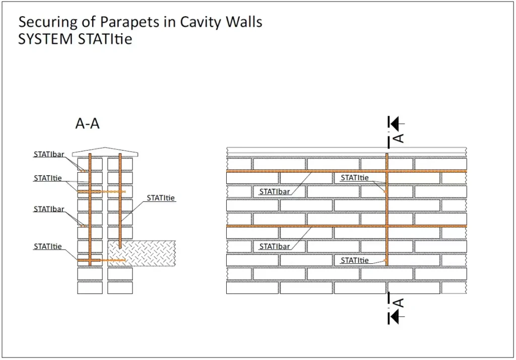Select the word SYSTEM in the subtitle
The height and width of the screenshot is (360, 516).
(45, 39)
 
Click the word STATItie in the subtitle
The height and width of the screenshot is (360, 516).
(105, 39)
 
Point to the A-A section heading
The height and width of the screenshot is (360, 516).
(88, 124)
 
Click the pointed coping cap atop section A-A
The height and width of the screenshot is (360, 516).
(105, 152)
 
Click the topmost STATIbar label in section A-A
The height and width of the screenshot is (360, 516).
(49, 155)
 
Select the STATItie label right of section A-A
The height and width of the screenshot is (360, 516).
(161, 198)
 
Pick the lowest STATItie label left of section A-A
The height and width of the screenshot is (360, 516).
(48, 247)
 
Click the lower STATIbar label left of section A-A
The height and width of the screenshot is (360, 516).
(49, 209)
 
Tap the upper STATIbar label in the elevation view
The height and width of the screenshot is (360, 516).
(275, 191)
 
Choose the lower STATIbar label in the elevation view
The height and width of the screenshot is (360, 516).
(275, 247)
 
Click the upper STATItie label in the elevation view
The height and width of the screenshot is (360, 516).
(355, 178)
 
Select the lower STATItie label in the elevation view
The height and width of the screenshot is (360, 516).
(355, 260)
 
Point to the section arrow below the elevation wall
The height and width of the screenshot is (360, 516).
(397, 316)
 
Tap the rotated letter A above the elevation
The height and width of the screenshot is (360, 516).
(398, 137)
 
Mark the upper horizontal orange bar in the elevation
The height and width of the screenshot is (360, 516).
(302, 171)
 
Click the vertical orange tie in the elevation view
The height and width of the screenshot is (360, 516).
(386, 211)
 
